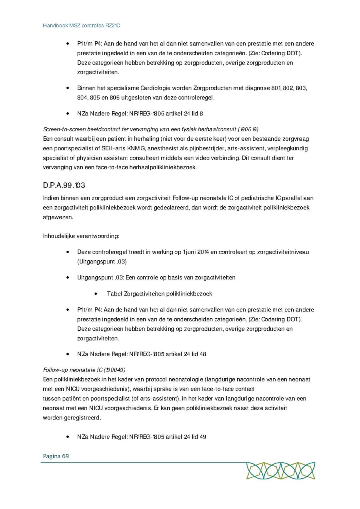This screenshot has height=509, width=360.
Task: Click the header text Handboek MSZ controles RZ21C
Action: tap(82, 25)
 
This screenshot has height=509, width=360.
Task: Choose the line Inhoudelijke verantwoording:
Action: tap(81, 236)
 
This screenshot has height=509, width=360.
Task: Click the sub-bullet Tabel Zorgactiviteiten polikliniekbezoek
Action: tap(159, 293)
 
